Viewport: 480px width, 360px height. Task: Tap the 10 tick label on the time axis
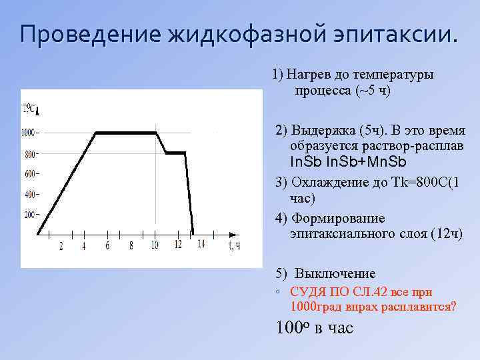tap(155, 245)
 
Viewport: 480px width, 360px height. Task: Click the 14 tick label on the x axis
tap(201, 245)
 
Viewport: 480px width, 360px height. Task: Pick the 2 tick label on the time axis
tap(61, 245)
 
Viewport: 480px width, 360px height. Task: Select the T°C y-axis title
tap(29, 109)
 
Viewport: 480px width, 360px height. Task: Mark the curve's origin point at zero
tap(38, 235)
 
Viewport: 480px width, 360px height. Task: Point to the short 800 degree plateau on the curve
tap(175, 153)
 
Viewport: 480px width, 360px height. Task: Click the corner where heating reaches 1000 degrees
tap(97, 133)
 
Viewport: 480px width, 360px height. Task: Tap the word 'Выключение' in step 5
tap(335, 274)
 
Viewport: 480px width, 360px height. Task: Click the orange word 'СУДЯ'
tap(308, 292)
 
